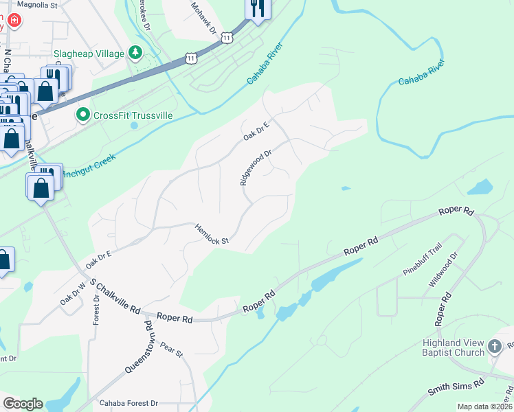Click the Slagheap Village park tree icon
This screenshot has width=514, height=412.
point(136,53)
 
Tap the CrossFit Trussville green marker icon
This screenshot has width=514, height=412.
point(83,115)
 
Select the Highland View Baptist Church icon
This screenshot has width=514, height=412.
point(495,347)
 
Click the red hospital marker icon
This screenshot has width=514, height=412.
point(14,21)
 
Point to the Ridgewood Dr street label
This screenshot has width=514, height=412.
point(256,168)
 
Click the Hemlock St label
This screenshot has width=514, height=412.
point(211,233)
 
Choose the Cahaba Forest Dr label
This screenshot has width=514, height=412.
point(128,403)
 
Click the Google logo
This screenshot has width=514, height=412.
point(23,404)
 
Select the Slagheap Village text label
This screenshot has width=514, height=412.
point(89,54)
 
